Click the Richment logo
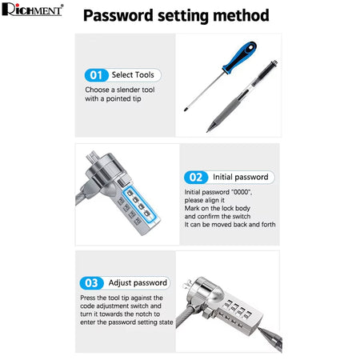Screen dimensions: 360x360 tap(33, 10)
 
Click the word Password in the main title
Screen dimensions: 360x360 tap(118, 15)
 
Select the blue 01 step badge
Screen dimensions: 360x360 tap(96, 75)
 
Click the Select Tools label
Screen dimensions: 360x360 tap(133, 75)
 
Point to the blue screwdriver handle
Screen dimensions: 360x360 tap(240, 58)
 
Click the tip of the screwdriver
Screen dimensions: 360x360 tap(185, 110)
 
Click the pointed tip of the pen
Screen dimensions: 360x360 tap(207, 131)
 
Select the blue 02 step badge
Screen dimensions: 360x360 tap(196, 178)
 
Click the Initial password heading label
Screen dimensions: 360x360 tap(241, 177)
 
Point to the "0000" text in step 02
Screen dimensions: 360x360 tap(242, 192)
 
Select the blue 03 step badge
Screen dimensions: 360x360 tap(91, 283)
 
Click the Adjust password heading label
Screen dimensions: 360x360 tap(138, 283)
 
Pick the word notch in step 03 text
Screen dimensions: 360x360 tap(144, 314)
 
